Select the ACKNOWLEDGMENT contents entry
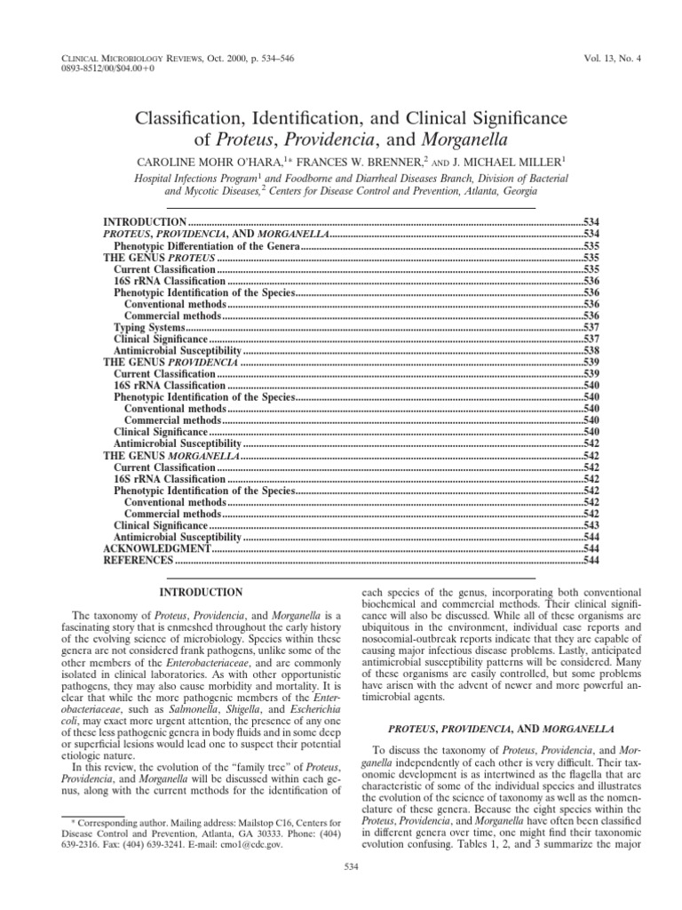coord(157,549)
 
